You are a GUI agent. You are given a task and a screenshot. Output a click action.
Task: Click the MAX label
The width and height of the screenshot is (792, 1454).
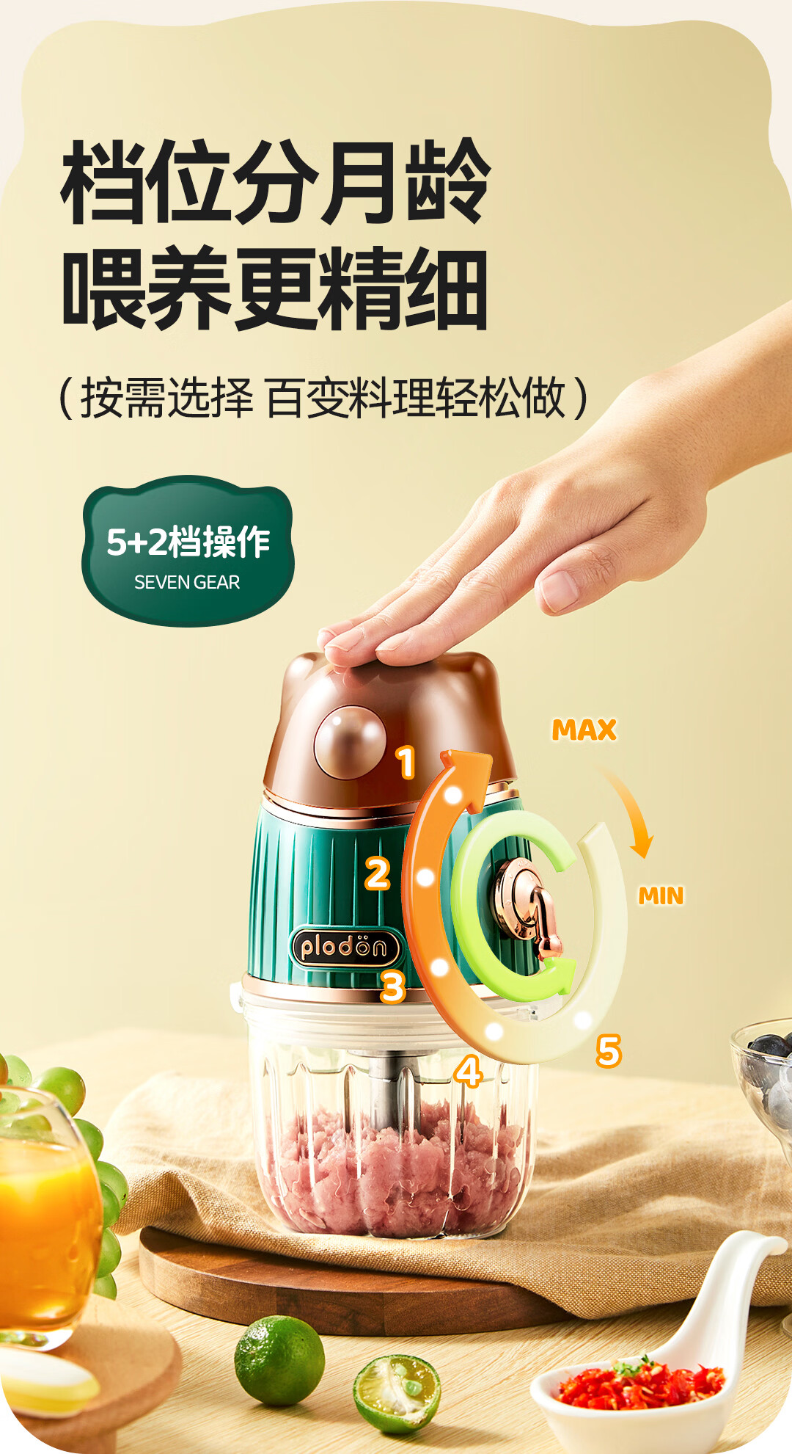click(584, 730)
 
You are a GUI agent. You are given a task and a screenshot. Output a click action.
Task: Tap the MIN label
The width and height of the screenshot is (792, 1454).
click(660, 895)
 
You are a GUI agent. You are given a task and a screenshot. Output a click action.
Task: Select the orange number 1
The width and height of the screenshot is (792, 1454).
click(406, 762)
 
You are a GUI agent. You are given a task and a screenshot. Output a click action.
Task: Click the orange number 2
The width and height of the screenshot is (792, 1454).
click(378, 873)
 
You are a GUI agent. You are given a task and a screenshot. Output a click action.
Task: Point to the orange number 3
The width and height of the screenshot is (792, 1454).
click(393, 986)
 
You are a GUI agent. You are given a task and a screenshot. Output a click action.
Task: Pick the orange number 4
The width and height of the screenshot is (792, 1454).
click(468, 1072)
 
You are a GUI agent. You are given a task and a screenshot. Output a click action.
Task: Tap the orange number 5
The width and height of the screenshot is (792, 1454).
click(608, 1050)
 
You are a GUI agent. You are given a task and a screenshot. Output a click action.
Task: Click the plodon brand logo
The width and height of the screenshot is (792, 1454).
click(345, 947)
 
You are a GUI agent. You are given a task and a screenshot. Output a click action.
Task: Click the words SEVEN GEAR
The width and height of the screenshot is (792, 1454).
click(187, 582)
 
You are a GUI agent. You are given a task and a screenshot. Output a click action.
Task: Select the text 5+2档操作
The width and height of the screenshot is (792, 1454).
click(188, 542)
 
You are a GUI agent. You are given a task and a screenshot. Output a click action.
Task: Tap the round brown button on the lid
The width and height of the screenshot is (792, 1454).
click(350, 741)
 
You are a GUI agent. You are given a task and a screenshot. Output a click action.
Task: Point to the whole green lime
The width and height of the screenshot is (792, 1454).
click(279, 1360)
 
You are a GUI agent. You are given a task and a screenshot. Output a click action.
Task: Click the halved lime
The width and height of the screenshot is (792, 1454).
click(397, 1392)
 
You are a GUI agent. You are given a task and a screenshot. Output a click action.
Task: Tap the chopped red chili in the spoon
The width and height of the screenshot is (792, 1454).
click(639, 1384)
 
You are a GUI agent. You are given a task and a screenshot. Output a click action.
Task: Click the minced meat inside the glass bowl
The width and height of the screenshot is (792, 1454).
click(396, 1167)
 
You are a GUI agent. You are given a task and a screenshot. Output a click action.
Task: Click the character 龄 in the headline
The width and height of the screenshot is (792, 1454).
click(448, 181)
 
